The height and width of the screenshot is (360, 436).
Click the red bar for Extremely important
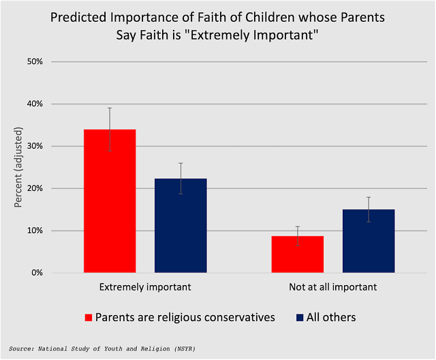coord(110,201)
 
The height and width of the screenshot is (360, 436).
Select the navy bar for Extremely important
coord(181,226)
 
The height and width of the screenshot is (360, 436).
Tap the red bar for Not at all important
coord(298,254)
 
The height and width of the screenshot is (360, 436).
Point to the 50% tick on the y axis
coord(35,61)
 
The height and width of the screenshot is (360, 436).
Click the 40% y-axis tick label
coord(35,104)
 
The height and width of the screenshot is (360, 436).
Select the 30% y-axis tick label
coord(35,146)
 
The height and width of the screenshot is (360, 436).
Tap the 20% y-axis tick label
coord(35,188)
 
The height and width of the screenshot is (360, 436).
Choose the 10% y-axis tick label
coord(35,230)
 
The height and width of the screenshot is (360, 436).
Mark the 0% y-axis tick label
coord(37,273)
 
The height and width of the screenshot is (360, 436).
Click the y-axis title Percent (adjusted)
coord(18,167)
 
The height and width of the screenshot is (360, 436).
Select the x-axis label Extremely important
coord(145,287)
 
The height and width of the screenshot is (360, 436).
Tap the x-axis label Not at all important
coord(333,287)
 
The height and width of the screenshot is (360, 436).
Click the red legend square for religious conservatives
coord(88,317)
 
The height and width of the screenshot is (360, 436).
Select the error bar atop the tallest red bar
coord(110,129)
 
